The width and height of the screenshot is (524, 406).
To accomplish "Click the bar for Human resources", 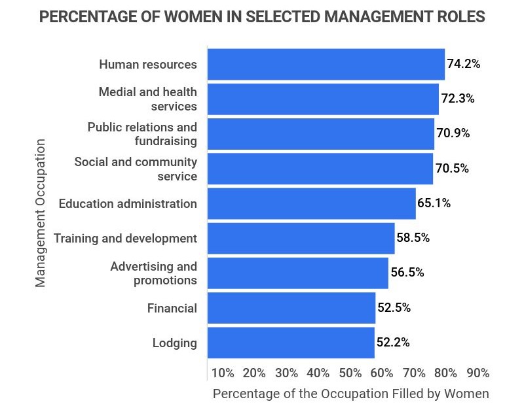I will tap(326, 65).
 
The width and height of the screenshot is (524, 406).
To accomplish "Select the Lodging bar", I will tap(291, 343).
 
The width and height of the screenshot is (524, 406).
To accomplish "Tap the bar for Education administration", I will tap(311, 203).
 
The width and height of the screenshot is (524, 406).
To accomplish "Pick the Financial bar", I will tap(291, 308).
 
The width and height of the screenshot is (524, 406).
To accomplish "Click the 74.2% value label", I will tap(464, 64).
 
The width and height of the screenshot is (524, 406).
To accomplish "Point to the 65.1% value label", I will tap(434, 203).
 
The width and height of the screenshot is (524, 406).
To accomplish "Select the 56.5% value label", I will tap(407, 273).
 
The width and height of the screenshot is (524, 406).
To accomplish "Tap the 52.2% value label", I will tap(393, 342).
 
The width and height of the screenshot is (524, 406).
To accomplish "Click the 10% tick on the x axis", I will tap(223, 373).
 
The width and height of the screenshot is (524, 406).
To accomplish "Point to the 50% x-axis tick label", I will tap(350, 373).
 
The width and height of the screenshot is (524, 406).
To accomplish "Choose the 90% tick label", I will tap(477, 373).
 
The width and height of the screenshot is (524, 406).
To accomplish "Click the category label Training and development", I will tap(125, 238).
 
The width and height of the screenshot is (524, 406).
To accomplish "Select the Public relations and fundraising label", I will tap(142, 133).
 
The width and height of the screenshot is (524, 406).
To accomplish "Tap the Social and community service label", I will tap(136, 169).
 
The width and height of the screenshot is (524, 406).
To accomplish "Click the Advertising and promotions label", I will tap(153, 273).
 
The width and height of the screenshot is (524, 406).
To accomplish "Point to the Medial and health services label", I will tap(147, 99).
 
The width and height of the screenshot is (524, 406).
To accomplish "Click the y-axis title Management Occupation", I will tap(41, 212).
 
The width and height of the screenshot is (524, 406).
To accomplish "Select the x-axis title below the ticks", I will tap(350, 394).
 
